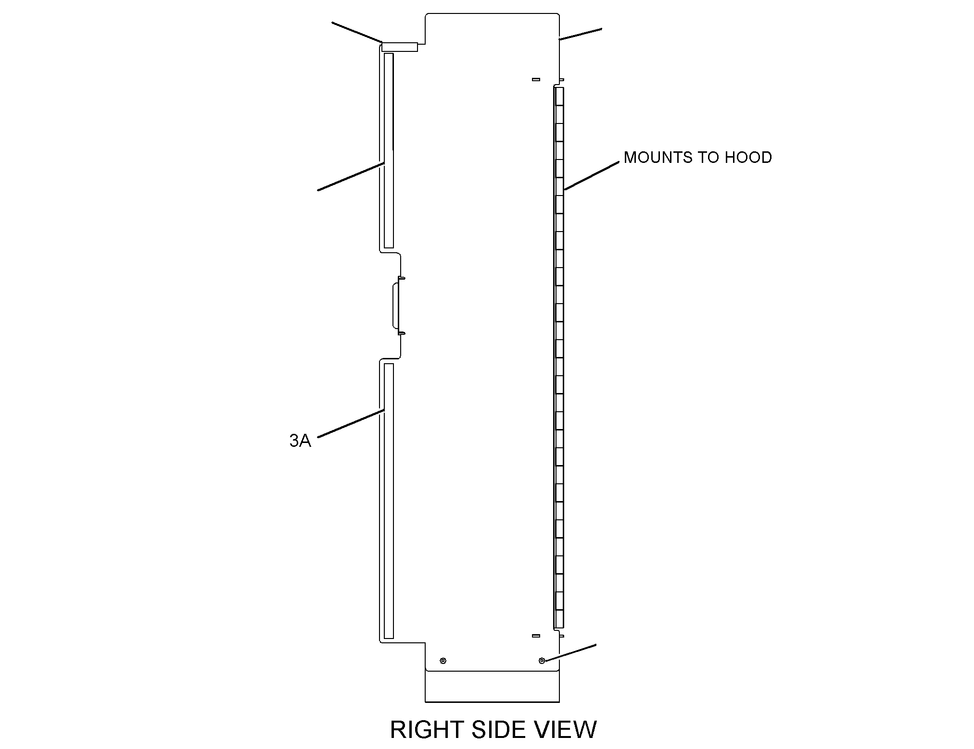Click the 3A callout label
(x=300, y=441)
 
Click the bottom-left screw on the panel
(x=443, y=661)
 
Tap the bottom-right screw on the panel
(x=542, y=661)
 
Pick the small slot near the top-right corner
(x=536, y=79)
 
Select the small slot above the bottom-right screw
(x=536, y=636)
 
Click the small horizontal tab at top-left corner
(x=400, y=47)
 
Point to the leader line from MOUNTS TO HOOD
(x=591, y=176)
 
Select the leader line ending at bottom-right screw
(x=570, y=652)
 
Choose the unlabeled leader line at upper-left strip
(x=351, y=177)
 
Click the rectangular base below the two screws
(x=492, y=686)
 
